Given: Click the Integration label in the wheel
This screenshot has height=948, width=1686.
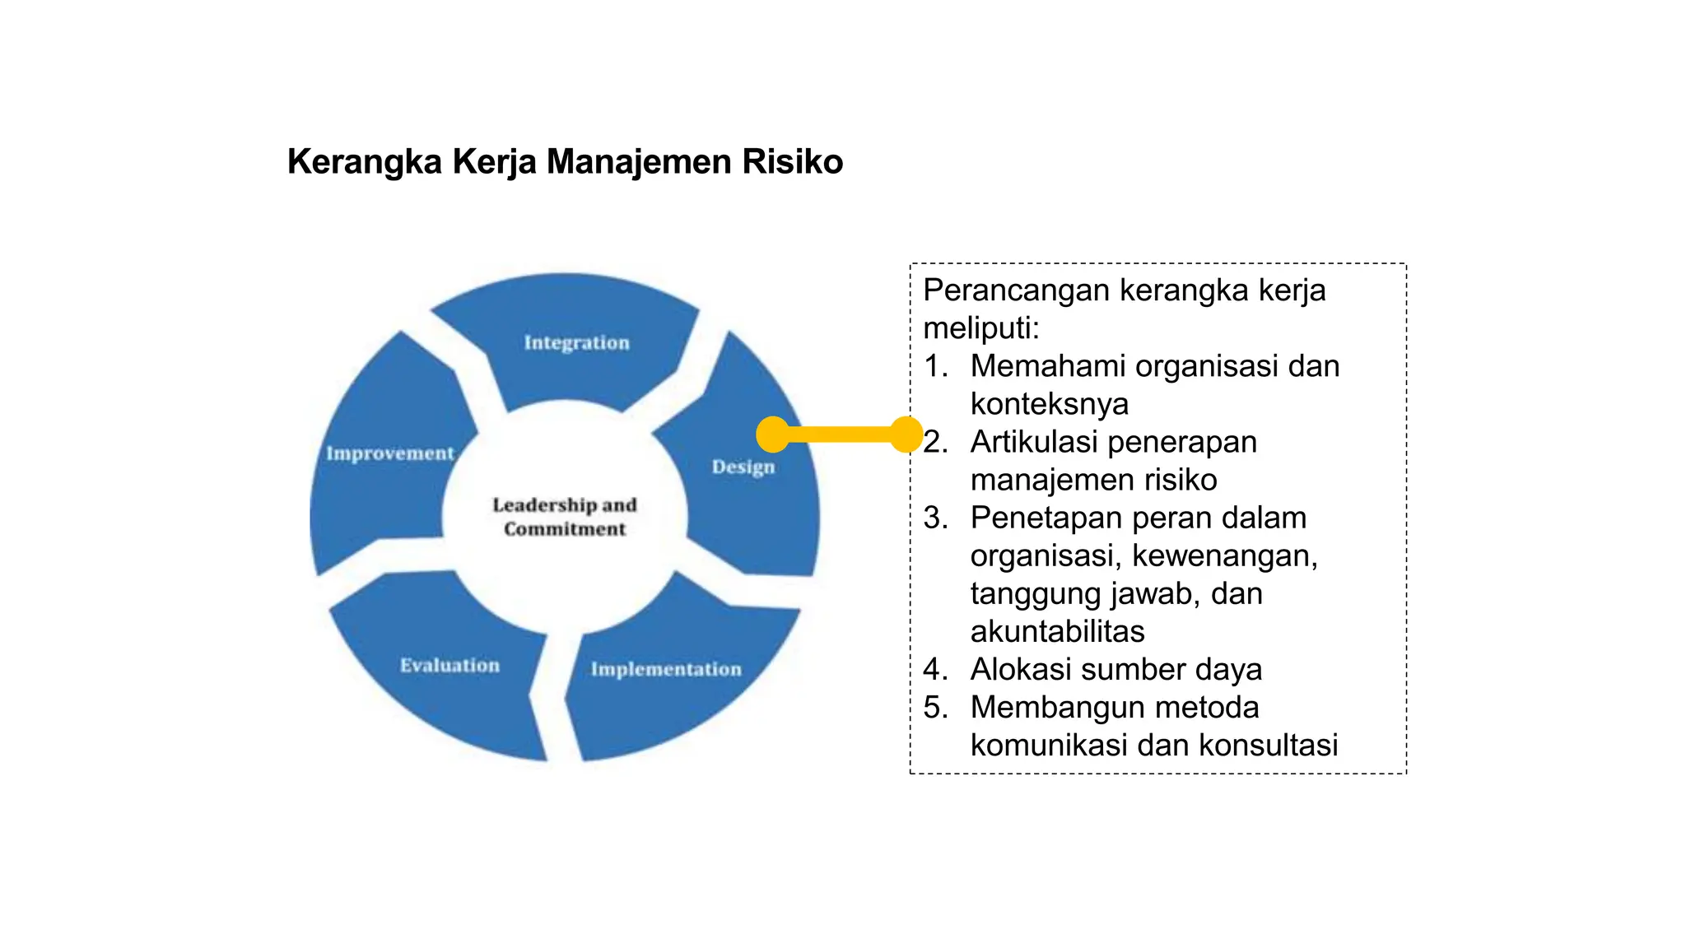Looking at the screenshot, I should click(x=576, y=342).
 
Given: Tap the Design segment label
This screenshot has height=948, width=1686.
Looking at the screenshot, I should click(x=743, y=467).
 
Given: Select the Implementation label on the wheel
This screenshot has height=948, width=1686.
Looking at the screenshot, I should click(x=666, y=669).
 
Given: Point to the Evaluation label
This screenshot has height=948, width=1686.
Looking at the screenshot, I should click(x=449, y=665).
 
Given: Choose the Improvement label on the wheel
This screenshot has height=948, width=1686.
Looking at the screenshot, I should click(x=390, y=453).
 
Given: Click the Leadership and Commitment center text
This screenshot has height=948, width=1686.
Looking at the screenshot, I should click(x=565, y=517).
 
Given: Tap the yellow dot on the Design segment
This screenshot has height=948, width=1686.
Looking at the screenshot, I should click(x=773, y=434).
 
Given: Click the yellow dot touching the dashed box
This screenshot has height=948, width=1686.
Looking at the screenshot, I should click(x=906, y=434).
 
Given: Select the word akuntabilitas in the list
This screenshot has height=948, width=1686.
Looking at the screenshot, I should click(x=1057, y=631).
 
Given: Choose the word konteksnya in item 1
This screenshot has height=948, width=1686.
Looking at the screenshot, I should click(x=1049, y=404).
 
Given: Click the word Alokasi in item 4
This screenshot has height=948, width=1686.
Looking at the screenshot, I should click(x=1020, y=669).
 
